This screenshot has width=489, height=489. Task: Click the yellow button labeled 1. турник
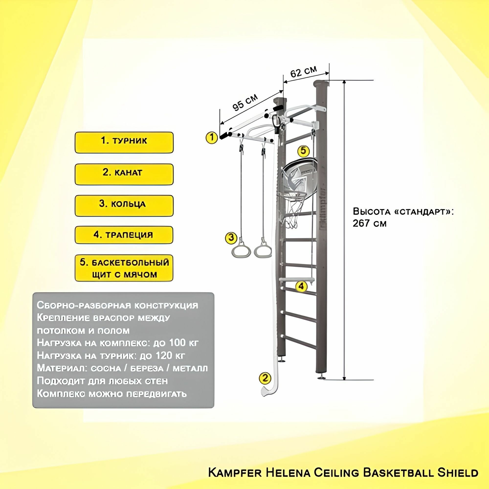click(x=124, y=142)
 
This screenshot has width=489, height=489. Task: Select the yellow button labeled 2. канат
click(x=124, y=174)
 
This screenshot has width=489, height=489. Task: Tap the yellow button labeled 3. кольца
click(x=124, y=206)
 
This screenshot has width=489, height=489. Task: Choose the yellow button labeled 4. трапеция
click(x=124, y=235)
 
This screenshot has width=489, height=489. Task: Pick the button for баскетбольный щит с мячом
click(x=124, y=268)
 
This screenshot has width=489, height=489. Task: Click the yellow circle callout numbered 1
click(x=211, y=138)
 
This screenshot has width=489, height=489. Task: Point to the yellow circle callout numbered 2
click(x=265, y=378)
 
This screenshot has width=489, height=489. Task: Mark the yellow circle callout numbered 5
click(x=303, y=151)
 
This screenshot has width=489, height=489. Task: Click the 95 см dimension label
click(x=245, y=102)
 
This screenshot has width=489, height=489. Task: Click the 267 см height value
click(x=369, y=223)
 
